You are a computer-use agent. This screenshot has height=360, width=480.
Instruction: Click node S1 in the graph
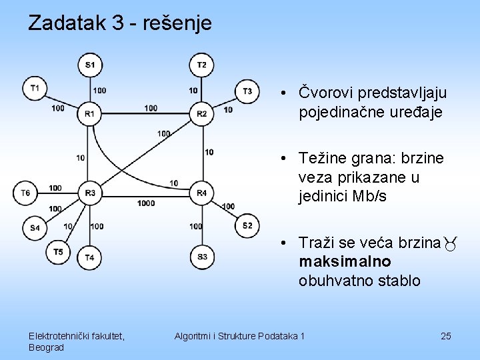coord(89,65)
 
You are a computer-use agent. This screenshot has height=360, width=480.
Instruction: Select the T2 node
coord(201,65)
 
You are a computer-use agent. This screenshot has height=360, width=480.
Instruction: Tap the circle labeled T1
coord(34,89)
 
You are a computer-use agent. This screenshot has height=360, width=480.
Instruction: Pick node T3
coord(247,91)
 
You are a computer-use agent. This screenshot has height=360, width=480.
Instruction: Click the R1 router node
coord(89,114)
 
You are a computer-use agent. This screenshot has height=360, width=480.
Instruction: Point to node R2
coord(201,114)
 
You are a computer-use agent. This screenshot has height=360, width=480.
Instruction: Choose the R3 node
coord(89,193)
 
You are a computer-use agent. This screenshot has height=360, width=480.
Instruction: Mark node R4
coord(201,193)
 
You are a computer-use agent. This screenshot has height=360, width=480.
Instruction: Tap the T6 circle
coord(25,193)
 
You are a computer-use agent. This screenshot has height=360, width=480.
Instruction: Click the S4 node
coord(35,227)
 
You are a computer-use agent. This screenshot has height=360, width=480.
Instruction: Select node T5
coord(58,251)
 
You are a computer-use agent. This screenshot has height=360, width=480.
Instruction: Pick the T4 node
coord(89,257)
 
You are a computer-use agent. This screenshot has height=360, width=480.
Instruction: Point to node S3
coord(201,257)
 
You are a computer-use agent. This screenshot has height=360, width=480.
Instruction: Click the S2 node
coord(247,226)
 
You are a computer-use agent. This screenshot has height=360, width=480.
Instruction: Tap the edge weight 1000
coord(146,203)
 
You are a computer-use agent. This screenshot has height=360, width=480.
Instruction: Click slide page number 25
coord(446,336)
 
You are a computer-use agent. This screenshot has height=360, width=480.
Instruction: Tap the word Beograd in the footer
coord(46,347)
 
